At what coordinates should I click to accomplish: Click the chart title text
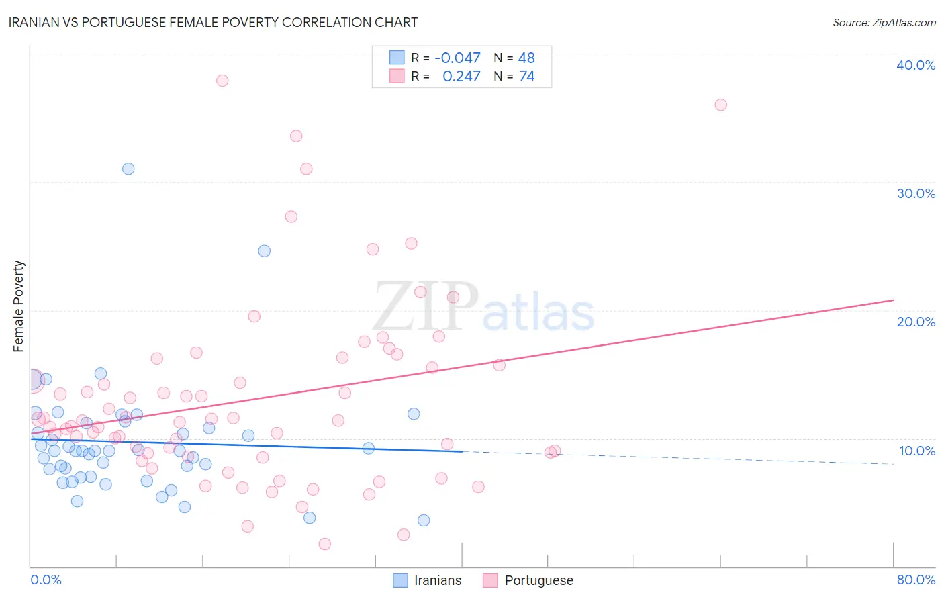[213, 23]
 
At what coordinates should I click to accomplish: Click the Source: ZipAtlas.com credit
[884, 23]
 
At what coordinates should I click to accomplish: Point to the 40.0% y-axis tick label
[915, 65]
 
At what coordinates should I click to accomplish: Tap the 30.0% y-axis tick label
[915, 193]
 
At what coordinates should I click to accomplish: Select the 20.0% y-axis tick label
[915, 322]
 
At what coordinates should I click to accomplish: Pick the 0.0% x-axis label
[46, 580]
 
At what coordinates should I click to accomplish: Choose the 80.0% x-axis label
[916, 580]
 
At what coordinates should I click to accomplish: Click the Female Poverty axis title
[19, 306]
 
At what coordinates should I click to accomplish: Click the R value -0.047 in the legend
[457, 58]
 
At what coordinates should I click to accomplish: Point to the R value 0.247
[461, 77]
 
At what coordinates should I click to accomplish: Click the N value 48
[526, 58]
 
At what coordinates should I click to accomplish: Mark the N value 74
[526, 77]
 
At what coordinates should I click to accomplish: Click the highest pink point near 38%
[222, 81]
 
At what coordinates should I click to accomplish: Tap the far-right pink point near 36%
[720, 105]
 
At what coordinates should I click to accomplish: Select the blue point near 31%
[128, 169]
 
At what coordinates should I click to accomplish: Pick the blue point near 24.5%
[265, 251]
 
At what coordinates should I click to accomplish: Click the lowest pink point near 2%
[325, 544]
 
